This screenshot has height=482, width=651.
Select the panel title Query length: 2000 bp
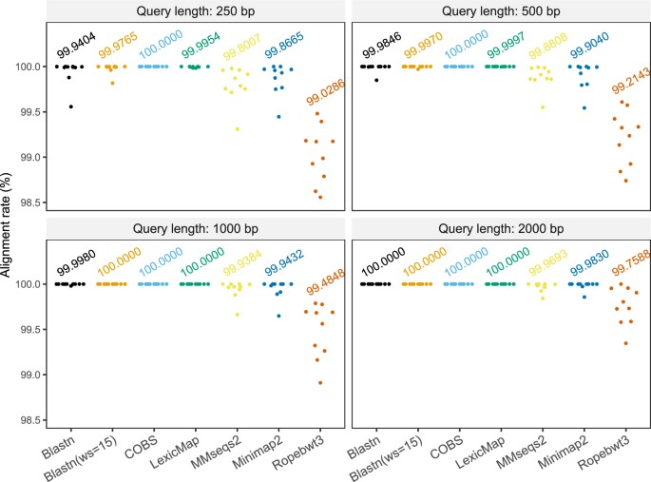pyautogui.click(x=500, y=228)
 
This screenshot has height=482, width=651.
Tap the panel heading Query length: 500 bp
pyautogui.click(x=500, y=10)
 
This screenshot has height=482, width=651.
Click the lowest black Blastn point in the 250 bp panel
pyautogui.click(x=70, y=106)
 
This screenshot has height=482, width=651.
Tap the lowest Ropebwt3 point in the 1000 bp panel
pyautogui.click(x=320, y=382)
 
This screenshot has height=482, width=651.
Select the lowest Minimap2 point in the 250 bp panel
pyautogui.click(x=278, y=116)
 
